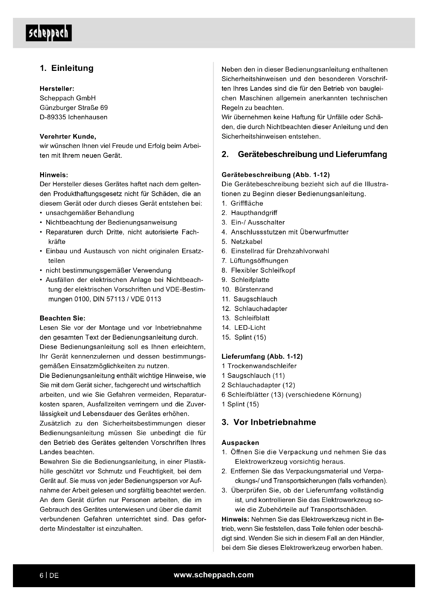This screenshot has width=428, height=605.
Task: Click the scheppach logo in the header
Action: click(48, 33)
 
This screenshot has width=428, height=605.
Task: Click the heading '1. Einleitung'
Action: click(67, 68)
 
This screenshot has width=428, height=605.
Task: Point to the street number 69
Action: click(104, 108)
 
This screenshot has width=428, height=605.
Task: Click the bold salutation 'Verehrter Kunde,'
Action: click(68, 137)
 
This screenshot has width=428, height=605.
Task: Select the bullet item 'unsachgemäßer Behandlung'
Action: click(90, 213)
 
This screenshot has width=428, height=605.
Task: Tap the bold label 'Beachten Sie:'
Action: click(62, 318)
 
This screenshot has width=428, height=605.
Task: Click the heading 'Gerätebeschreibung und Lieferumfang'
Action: click(312, 154)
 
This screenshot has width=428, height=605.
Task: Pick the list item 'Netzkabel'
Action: click(246, 242)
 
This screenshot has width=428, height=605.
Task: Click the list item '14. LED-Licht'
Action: click(243, 328)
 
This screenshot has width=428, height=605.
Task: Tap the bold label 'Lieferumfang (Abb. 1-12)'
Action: click(262, 356)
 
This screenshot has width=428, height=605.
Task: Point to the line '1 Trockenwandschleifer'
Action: click(259, 366)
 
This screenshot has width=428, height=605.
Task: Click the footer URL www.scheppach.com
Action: click(213, 575)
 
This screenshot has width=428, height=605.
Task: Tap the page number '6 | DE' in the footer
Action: click(49, 576)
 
